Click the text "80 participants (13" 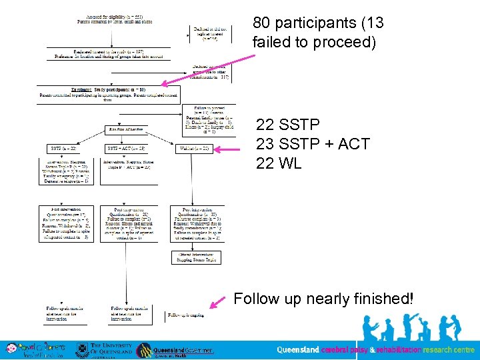click(318, 23)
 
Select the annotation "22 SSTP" click(288, 125)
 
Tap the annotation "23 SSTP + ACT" click(313, 144)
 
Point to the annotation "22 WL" click(279, 163)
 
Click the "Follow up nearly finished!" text click(323, 299)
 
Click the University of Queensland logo click(101, 349)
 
